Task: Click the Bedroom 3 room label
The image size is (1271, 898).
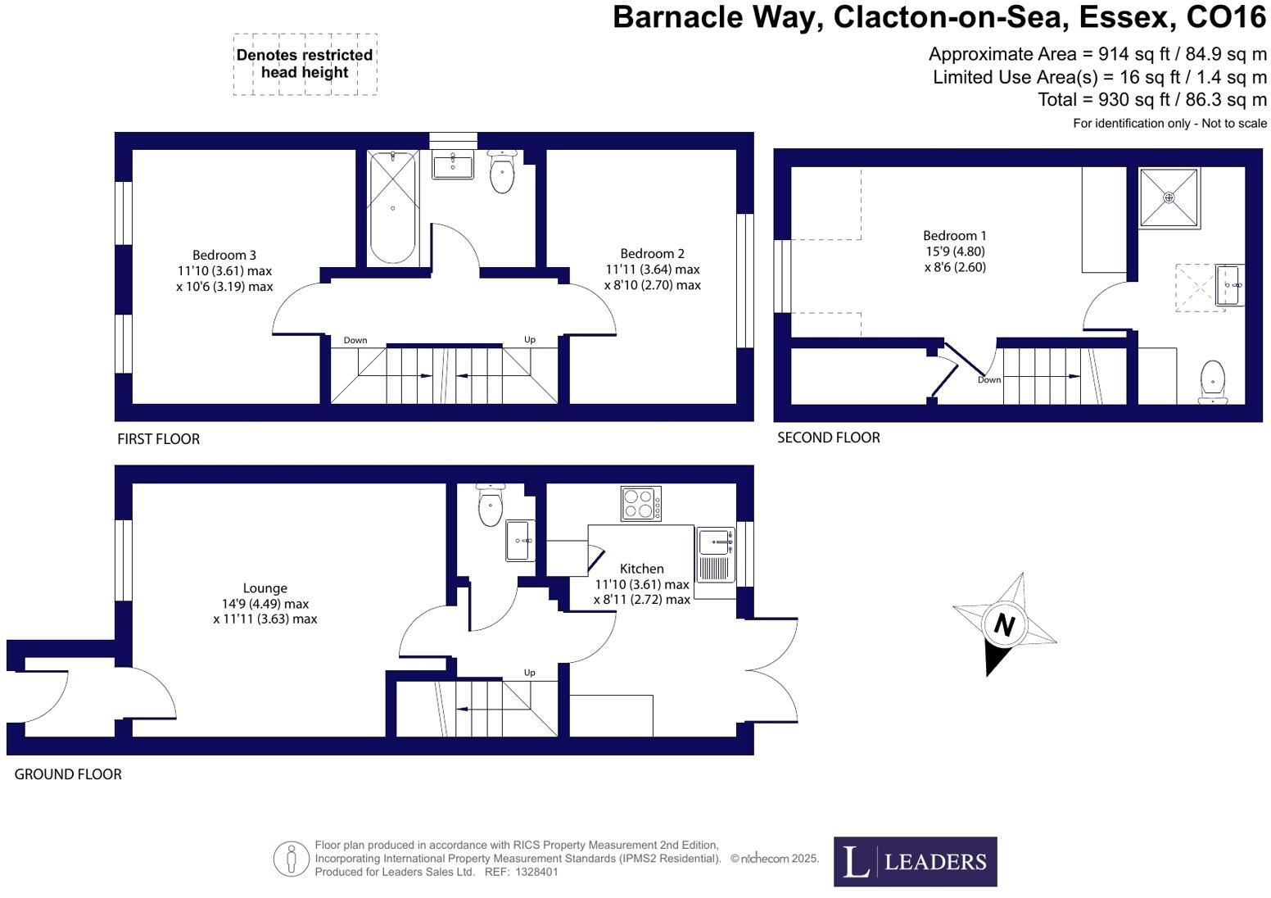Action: (x=224, y=256)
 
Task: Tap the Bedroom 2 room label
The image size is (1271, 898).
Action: (x=652, y=254)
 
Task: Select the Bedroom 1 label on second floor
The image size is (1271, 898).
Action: (x=954, y=236)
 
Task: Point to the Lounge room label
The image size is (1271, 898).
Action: (x=265, y=588)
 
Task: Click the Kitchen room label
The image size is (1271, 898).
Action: (x=641, y=569)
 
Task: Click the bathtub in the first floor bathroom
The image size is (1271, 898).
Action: (x=392, y=208)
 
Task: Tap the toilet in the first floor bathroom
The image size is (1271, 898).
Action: (x=501, y=170)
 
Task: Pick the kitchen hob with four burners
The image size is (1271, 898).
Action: (x=640, y=504)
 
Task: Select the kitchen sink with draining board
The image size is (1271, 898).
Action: (x=715, y=556)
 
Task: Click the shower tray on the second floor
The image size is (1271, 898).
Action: (x=1169, y=198)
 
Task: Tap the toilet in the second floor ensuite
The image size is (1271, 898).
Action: (x=1213, y=382)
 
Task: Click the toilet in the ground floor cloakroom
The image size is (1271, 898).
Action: (x=491, y=505)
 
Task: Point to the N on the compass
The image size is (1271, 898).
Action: (x=1004, y=625)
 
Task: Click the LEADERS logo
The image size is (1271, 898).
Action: (x=915, y=862)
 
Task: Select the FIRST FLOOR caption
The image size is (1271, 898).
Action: (x=158, y=439)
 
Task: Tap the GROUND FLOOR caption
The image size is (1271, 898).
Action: (x=67, y=775)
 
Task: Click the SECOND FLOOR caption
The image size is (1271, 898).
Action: (x=829, y=438)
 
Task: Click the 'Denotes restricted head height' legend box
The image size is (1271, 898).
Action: (x=305, y=64)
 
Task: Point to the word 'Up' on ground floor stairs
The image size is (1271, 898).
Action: (x=529, y=673)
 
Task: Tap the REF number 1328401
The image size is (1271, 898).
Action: (x=536, y=873)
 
